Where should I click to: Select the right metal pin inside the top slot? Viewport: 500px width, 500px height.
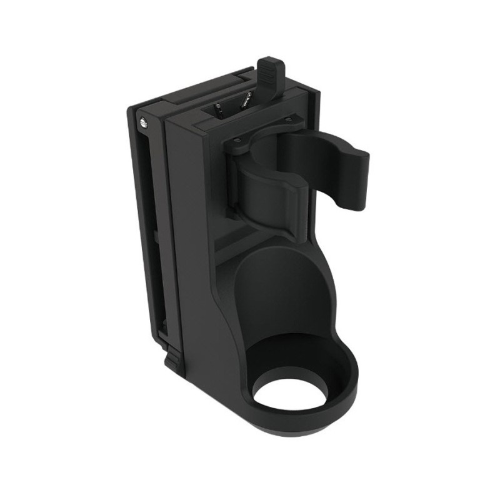pos(246,100)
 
